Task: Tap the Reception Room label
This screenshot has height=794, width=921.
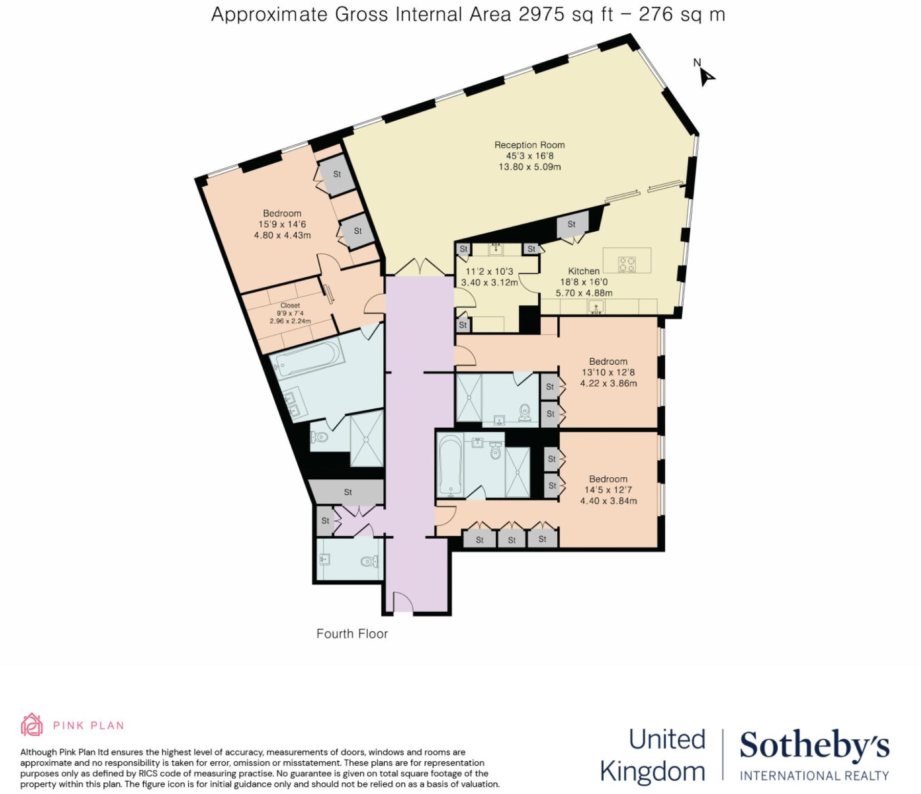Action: coord(530,145)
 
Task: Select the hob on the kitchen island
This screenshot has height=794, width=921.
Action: coord(627,264)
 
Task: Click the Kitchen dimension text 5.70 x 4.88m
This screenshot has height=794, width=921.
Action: coord(584,293)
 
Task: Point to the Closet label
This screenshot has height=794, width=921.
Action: coord(290,305)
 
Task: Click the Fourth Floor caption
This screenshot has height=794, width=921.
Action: coord(352,634)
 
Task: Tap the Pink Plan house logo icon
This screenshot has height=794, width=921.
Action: coord(31,724)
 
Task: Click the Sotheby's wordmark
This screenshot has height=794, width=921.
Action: coord(814,746)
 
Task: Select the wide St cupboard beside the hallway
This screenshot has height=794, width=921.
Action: coord(347,492)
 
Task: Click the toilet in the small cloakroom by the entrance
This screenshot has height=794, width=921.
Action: coord(368,562)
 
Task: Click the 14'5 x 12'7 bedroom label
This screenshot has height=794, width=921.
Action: coord(608,490)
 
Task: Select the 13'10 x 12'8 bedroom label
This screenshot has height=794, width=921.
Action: coord(608,372)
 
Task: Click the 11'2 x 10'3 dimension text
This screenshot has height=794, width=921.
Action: coord(489,272)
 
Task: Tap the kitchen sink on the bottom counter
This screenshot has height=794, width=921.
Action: coord(596,307)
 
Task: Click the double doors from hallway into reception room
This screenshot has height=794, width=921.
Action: coord(420,268)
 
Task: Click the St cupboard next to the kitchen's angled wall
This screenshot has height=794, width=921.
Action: coord(572,225)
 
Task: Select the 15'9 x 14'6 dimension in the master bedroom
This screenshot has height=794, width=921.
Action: coord(282,224)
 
